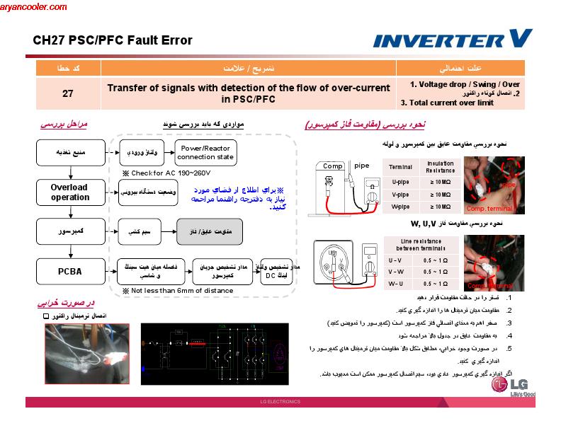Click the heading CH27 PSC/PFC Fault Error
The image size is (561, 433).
113,40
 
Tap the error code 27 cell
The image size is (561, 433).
67,93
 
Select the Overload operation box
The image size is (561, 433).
69,192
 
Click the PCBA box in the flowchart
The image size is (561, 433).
69,272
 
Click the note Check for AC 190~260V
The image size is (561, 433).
166,173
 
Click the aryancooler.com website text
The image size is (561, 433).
34,7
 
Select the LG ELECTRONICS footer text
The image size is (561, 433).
280,402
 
